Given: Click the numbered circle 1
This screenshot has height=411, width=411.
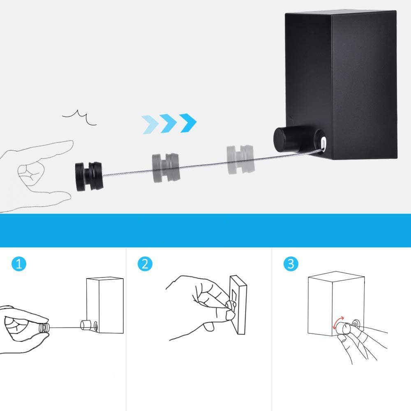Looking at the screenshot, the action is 19,264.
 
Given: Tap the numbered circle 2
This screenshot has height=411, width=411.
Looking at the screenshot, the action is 145,264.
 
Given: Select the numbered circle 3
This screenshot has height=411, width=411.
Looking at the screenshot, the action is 291,264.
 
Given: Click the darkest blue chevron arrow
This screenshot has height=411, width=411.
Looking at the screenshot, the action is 188,122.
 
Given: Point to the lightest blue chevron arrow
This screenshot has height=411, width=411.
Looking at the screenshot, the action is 150,125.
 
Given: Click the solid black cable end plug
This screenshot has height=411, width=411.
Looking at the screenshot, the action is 89,176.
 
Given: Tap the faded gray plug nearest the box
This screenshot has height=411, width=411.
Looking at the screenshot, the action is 240,159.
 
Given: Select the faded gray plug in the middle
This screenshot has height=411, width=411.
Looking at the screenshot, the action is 166,168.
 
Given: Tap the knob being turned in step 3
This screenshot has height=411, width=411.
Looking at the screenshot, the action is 343,328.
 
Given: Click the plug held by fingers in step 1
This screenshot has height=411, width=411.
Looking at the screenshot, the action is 44,328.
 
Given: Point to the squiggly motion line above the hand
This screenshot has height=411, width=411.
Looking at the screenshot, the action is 79,118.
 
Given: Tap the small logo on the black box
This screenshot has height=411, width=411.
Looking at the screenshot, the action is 291,118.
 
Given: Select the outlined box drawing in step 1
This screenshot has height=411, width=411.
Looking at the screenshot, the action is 105,305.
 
